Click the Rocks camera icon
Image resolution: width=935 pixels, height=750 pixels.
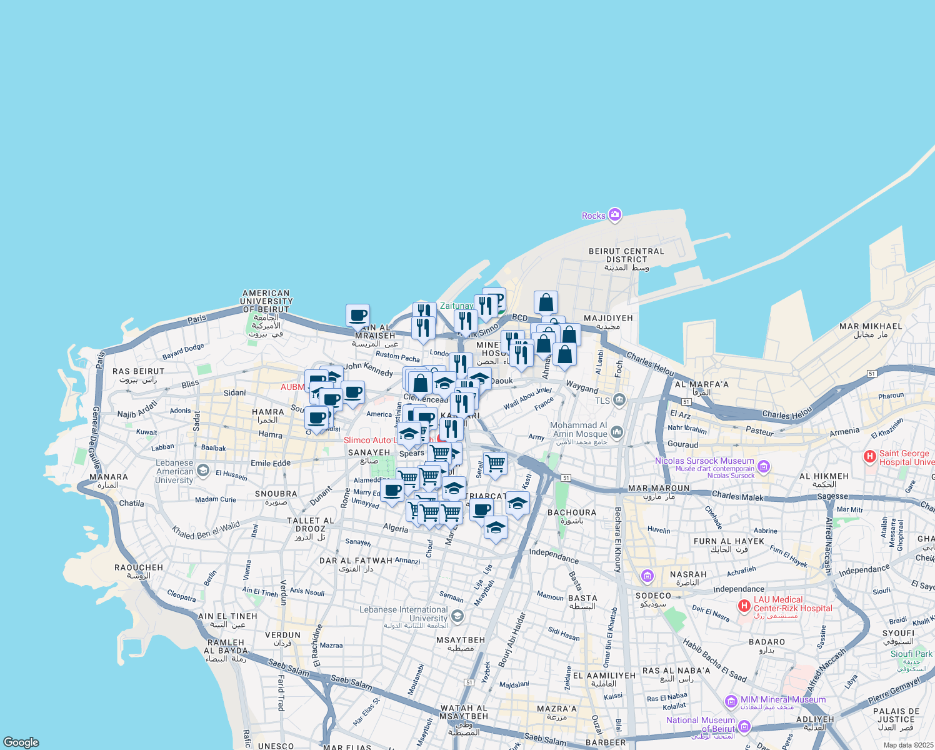pos(615,215)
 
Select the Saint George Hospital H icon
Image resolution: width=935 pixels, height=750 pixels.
pos(869,457)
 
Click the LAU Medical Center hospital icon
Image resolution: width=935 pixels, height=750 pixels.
pos(744,605)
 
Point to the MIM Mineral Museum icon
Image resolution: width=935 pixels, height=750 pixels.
pos(731,701)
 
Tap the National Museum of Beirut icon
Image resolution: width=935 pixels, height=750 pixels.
pos(744,726)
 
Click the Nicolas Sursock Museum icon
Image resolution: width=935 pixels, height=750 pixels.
pos(764,466)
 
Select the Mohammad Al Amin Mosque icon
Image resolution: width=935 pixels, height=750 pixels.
pos(617,432)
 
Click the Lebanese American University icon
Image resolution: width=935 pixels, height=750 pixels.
pos(202,470)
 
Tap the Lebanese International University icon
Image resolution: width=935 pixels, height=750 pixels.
pos(457,616)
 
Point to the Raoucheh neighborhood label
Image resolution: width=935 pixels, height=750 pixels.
pos(139,571)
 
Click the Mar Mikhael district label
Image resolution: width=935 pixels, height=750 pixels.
pos(871,330)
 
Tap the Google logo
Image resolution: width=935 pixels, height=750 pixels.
pos(21,742)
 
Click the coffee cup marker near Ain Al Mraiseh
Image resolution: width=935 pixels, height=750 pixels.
pos(357,316)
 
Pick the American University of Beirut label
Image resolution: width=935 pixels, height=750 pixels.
pos(266,301)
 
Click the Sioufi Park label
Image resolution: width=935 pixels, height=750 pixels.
pos(911,654)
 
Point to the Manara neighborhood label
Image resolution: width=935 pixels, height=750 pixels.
pos(108,481)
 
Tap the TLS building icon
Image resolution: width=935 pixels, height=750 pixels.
pos(619,400)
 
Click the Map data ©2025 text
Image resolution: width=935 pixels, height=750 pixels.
pos(907,745)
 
